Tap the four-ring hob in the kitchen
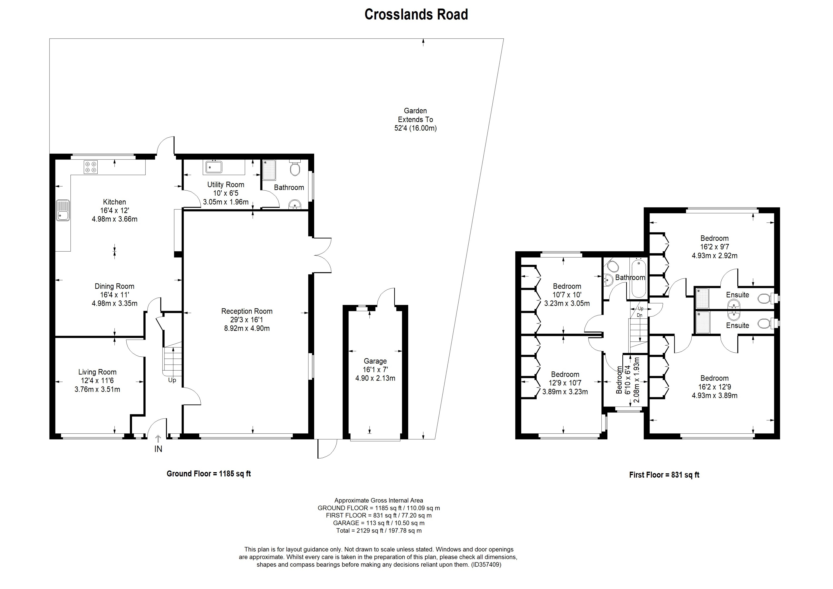91,167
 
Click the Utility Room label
225,185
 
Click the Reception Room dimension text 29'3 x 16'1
247,320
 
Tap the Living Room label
97,372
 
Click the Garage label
375,361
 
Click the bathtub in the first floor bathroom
639,278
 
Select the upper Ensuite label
737,295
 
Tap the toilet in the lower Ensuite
764,323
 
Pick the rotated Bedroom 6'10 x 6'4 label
619,380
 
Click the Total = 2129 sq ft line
379,531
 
